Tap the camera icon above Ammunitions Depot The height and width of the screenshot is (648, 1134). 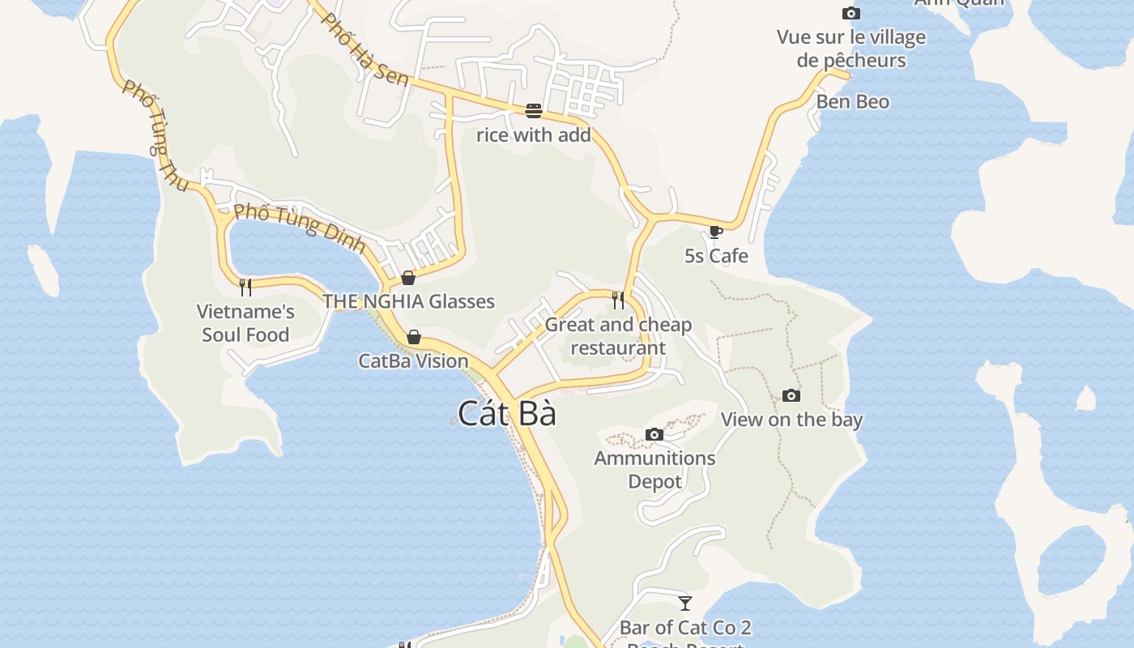click(x=654, y=435)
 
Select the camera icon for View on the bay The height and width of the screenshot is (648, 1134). click(x=791, y=396)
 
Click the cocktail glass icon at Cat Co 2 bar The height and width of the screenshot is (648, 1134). click(x=685, y=603)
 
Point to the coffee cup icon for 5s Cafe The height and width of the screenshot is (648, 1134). click(x=715, y=232)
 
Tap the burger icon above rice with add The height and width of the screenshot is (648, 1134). click(x=533, y=110)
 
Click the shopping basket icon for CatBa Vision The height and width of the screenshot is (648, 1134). click(x=414, y=337)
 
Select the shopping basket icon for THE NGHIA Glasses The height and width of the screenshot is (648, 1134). click(x=408, y=278)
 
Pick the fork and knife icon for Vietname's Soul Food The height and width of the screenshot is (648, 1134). click(x=245, y=287)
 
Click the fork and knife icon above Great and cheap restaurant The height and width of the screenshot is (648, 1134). click(x=618, y=301)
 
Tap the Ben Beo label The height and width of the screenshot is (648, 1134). click(x=852, y=102)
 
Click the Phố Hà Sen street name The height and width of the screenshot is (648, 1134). click(x=364, y=49)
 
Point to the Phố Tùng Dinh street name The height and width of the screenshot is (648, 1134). click(x=300, y=228)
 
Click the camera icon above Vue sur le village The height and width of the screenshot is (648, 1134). click(x=850, y=14)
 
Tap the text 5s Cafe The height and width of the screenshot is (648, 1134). click(x=716, y=256)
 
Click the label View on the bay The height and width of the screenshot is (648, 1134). click(x=791, y=420)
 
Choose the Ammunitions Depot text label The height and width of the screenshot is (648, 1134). click(x=654, y=470)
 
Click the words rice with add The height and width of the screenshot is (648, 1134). click(x=533, y=135)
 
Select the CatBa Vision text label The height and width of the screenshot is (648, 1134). click(x=413, y=361)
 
